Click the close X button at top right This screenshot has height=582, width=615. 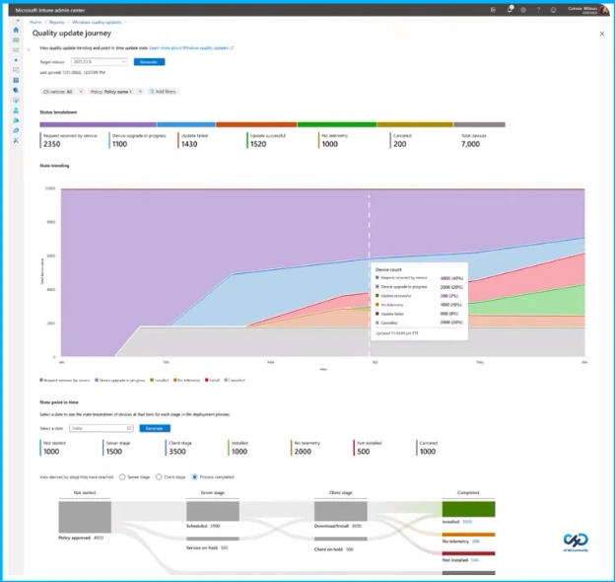pos(601,34)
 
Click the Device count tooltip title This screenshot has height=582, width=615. pos(389,267)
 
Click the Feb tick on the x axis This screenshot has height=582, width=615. pos(166,363)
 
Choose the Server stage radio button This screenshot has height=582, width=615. pos(121,475)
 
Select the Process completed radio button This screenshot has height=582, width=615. pos(194,475)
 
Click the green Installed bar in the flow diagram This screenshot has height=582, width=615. pos(468,509)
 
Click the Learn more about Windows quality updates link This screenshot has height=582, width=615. pos(191,46)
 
